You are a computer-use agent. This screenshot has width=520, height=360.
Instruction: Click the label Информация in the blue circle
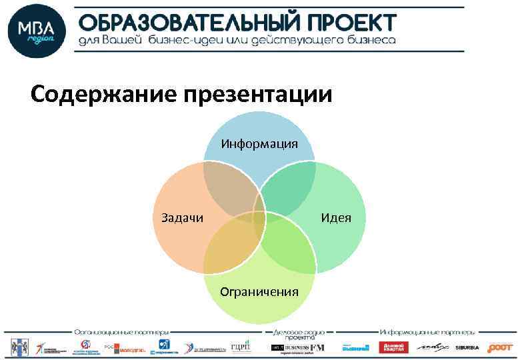tap(259, 144)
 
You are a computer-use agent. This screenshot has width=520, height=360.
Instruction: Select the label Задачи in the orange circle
tap(183, 217)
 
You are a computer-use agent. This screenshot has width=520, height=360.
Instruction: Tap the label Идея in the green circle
tap(335, 217)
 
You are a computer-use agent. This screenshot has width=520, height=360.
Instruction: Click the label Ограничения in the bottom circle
tap(259, 291)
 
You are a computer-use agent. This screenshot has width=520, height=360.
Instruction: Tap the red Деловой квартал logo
tap(393, 347)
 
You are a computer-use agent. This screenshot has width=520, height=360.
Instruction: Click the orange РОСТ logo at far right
tap(500, 347)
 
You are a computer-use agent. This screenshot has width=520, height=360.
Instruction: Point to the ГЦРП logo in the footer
tap(240, 347)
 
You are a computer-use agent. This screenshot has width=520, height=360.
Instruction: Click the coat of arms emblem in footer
tap(16, 347)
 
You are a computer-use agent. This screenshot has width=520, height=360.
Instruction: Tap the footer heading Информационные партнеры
tap(427, 331)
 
